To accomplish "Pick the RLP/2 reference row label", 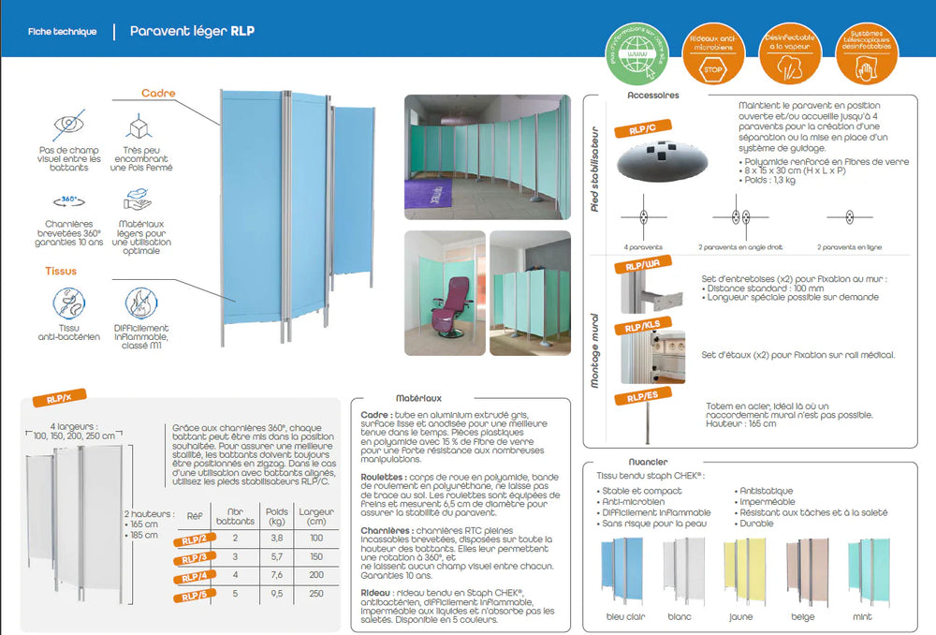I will [194, 539].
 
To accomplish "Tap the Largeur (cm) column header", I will [310, 517].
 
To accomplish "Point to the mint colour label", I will [861, 617].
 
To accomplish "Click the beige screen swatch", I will [808, 574].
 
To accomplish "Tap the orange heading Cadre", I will [158, 94].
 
